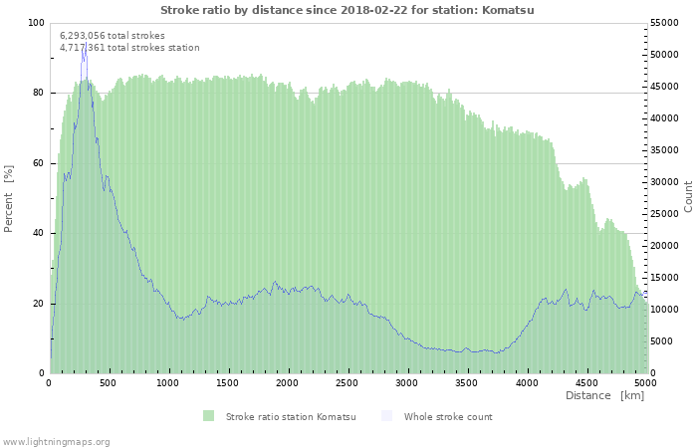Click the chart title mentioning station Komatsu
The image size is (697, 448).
[348, 10]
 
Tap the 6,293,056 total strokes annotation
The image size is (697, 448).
[113, 36]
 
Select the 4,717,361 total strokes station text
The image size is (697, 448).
[129, 48]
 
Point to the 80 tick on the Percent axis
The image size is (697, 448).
[39, 93]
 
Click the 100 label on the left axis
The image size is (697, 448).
[37, 23]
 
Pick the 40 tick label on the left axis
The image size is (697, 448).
[39, 233]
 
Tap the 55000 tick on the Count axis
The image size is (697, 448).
[664, 23]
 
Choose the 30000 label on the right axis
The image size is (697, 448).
[664, 182]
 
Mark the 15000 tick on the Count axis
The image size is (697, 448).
[664, 278]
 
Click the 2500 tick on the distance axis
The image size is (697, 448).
[348, 383]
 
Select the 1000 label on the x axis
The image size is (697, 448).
[168, 383]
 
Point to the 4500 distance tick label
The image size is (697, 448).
[586, 383]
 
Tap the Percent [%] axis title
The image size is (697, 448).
[8, 199]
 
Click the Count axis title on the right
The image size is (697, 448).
[688, 197]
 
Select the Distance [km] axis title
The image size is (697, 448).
[604, 395]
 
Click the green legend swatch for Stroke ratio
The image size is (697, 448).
[208, 416]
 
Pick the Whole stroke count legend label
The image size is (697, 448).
[448, 417]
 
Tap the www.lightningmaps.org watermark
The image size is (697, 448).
[55, 442]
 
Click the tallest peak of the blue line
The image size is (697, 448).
[86, 43]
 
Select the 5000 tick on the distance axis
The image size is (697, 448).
[646, 383]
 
